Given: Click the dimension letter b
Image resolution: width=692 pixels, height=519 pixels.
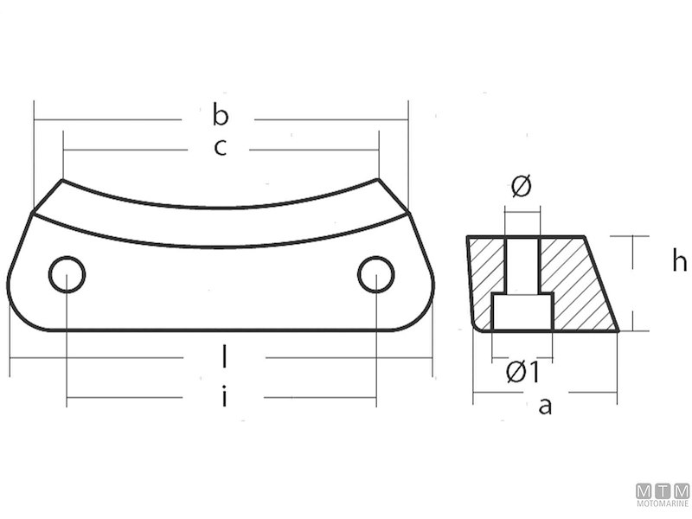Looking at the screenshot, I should (221, 115).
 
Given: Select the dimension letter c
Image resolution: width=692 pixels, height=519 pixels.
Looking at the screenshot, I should (220, 148).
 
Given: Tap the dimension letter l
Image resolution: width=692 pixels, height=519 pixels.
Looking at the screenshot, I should (224, 356).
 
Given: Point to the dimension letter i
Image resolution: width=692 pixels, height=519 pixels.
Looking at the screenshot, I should (224, 397).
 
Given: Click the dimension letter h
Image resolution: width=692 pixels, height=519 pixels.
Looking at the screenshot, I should (679, 261).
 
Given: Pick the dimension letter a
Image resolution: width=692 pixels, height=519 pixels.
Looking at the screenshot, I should (545, 404).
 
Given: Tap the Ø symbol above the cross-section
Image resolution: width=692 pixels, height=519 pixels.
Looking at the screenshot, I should (521, 186).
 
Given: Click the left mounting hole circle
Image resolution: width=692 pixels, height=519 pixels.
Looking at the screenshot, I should (67, 275).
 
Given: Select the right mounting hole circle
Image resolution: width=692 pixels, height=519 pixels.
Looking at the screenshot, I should (375, 274).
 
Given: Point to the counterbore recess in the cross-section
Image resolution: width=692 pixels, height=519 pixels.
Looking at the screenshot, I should (522, 311).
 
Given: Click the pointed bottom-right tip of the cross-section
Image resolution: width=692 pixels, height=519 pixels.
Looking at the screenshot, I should (618, 330).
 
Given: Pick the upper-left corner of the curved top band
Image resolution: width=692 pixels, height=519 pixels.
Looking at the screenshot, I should (62, 181).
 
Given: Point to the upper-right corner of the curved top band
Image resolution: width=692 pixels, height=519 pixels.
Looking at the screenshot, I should (377, 180).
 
